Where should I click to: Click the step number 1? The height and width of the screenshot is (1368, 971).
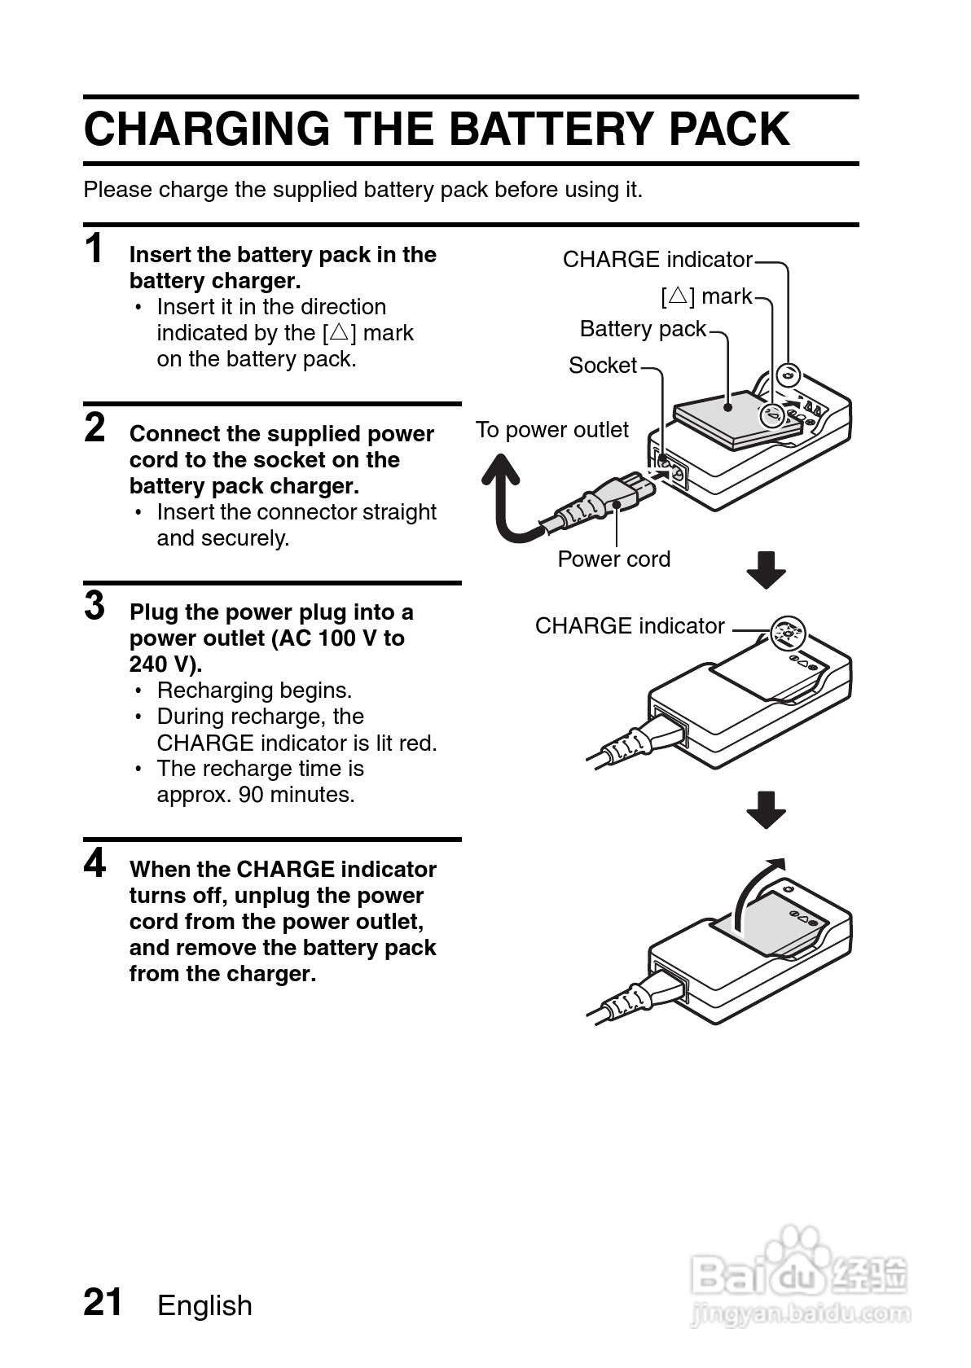(95, 248)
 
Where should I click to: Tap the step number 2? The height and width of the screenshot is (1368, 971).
(95, 427)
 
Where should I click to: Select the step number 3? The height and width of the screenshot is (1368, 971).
(95, 606)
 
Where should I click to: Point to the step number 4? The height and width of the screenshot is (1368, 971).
(95, 863)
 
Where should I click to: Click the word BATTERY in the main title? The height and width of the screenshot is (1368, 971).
(552, 129)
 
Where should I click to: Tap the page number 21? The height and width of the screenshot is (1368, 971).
(103, 1302)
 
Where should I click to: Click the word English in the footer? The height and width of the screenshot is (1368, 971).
(204, 1305)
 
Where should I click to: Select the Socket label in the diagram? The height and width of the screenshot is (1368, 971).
(602, 366)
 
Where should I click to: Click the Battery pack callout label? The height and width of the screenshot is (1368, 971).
(643, 329)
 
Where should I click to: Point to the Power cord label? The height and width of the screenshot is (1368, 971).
(613, 559)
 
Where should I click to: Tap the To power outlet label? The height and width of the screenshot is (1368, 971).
(551, 430)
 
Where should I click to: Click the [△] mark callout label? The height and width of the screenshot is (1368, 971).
(706, 296)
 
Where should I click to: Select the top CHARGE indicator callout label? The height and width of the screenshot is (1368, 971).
(657, 260)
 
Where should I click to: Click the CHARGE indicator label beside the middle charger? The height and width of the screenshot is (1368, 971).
(630, 626)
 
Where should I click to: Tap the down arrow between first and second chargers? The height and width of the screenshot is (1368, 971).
(766, 569)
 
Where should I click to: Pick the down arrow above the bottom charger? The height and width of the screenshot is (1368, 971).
(766, 809)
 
